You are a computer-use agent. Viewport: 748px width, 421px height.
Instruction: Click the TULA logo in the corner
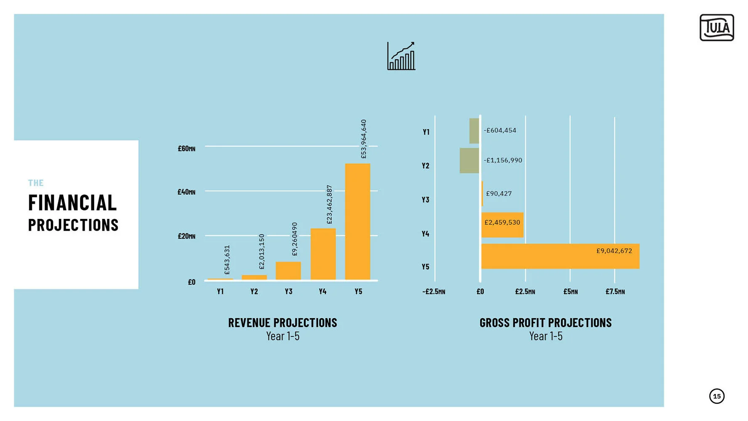[x=716, y=28]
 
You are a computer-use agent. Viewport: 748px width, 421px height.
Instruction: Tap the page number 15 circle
[x=716, y=396]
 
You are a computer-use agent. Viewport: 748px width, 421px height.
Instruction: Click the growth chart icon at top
[x=401, y=56]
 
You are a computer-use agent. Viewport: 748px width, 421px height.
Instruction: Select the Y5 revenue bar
[x=357, y=221]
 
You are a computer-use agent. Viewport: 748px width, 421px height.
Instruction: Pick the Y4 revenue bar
[x=323, y=254]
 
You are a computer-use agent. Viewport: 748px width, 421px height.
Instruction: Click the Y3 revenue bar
[x=288, y=271]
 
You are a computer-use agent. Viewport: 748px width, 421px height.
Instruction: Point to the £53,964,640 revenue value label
[x=364, y=139]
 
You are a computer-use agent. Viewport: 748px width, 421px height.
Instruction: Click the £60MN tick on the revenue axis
[x=186, y=149]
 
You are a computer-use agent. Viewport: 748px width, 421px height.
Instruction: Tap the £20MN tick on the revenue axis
[x=186, y=236]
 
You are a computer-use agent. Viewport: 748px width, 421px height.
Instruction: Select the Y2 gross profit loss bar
[x=469, y=160]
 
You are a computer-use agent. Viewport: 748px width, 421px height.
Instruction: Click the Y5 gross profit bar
[x=560, y=256]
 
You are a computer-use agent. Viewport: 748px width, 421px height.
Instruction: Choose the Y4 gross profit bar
[x=502, y=225]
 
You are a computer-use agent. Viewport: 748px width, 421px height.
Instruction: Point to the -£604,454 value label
[x=500, y=131]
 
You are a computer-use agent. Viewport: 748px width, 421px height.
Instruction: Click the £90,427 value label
[x=499, y=194]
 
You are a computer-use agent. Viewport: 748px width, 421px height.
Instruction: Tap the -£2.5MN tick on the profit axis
[x=434, y=292]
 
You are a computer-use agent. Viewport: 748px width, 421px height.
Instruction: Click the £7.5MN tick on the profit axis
[x=615, y=292]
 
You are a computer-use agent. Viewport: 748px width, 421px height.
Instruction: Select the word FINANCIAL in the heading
[x=72, y=203]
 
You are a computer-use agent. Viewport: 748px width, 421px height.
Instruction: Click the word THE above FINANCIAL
[x=36, y=183]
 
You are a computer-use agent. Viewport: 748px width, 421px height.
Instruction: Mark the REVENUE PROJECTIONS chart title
[x=282, y=323]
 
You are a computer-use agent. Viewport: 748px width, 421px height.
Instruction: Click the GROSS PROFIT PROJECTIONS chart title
[x=546, y=323]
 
